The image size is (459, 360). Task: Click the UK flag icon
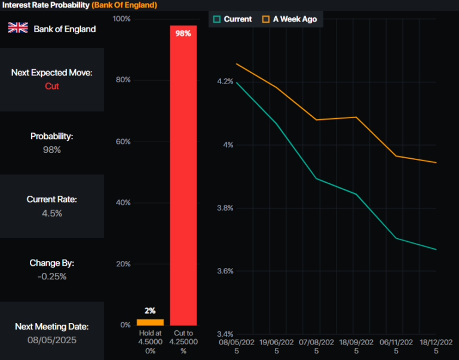point(17,27)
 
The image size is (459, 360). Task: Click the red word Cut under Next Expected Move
point(52,86)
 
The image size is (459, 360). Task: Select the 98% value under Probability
point(52,149)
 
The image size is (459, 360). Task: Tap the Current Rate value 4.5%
point(52,213)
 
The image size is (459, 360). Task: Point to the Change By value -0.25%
point(52,276)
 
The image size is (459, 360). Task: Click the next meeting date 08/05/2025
point(52,340)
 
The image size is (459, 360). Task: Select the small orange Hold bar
point(150,322)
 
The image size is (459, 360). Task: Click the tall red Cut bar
point(183,179)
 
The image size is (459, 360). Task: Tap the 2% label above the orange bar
point(150,311)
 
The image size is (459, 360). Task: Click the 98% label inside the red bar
point(183,34)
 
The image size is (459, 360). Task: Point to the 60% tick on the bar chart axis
point(123,141)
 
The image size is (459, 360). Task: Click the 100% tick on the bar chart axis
point(121,19)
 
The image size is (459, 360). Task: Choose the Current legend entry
point(232,19)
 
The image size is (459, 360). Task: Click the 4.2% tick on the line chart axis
point(225,81)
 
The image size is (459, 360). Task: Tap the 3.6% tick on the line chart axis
point(225,271)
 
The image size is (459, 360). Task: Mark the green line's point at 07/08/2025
point(316,179)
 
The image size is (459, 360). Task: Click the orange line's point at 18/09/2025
point(356,117)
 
